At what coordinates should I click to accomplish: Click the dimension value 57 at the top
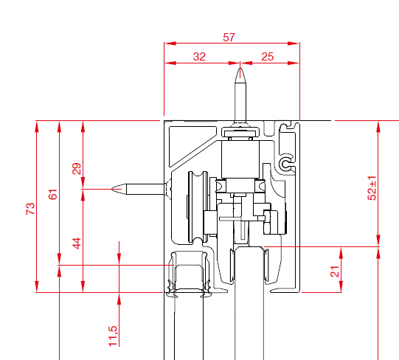click(x=229, y=38)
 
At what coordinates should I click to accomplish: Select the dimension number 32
click(x=199, y=57)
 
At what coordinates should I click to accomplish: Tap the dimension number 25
click(x=268, y=57)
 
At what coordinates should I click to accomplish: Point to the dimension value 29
click(x=77, y=168)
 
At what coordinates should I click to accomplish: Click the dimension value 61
click(x=52, y=194)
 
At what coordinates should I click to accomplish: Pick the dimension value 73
click(x=30, y=209)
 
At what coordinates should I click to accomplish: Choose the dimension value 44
click(x=77, y=243)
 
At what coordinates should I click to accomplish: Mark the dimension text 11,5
click(x=113, y=336)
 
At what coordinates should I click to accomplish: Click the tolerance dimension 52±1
click(x=372, y=188)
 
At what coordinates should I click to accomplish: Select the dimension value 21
click(x=335, y=271)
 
